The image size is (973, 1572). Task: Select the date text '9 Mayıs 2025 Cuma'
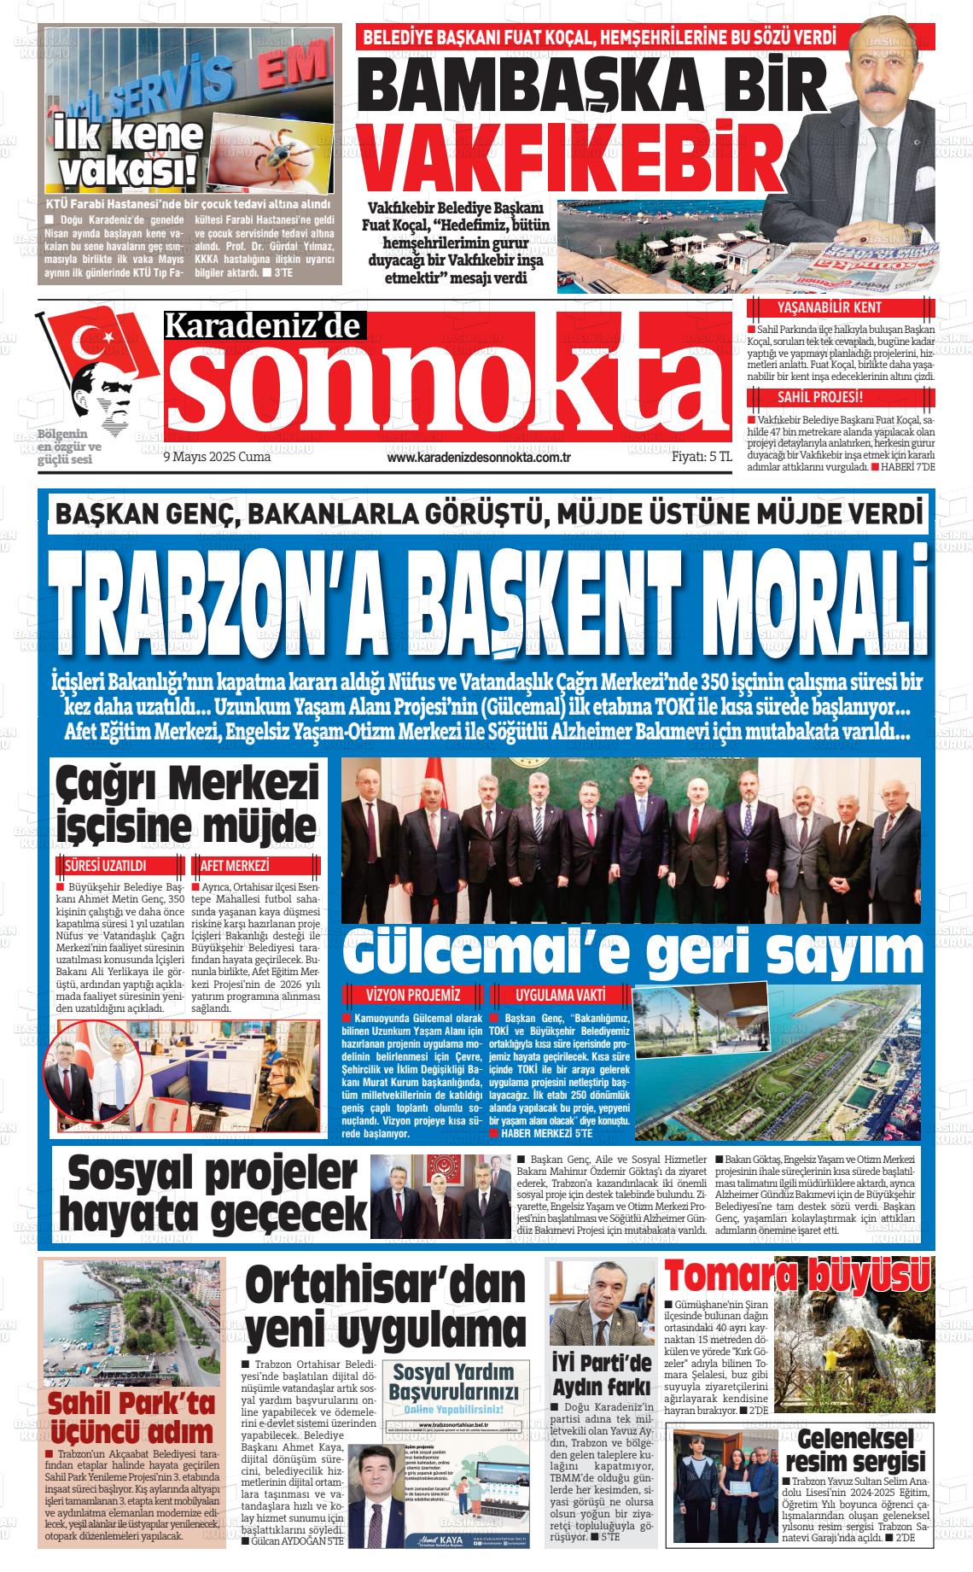pos(216,457)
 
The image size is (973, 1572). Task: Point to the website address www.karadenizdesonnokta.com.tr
pos(478,458)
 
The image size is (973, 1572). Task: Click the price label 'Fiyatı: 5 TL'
pos(702,457)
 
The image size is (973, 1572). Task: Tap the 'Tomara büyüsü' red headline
pos(797,1277)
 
